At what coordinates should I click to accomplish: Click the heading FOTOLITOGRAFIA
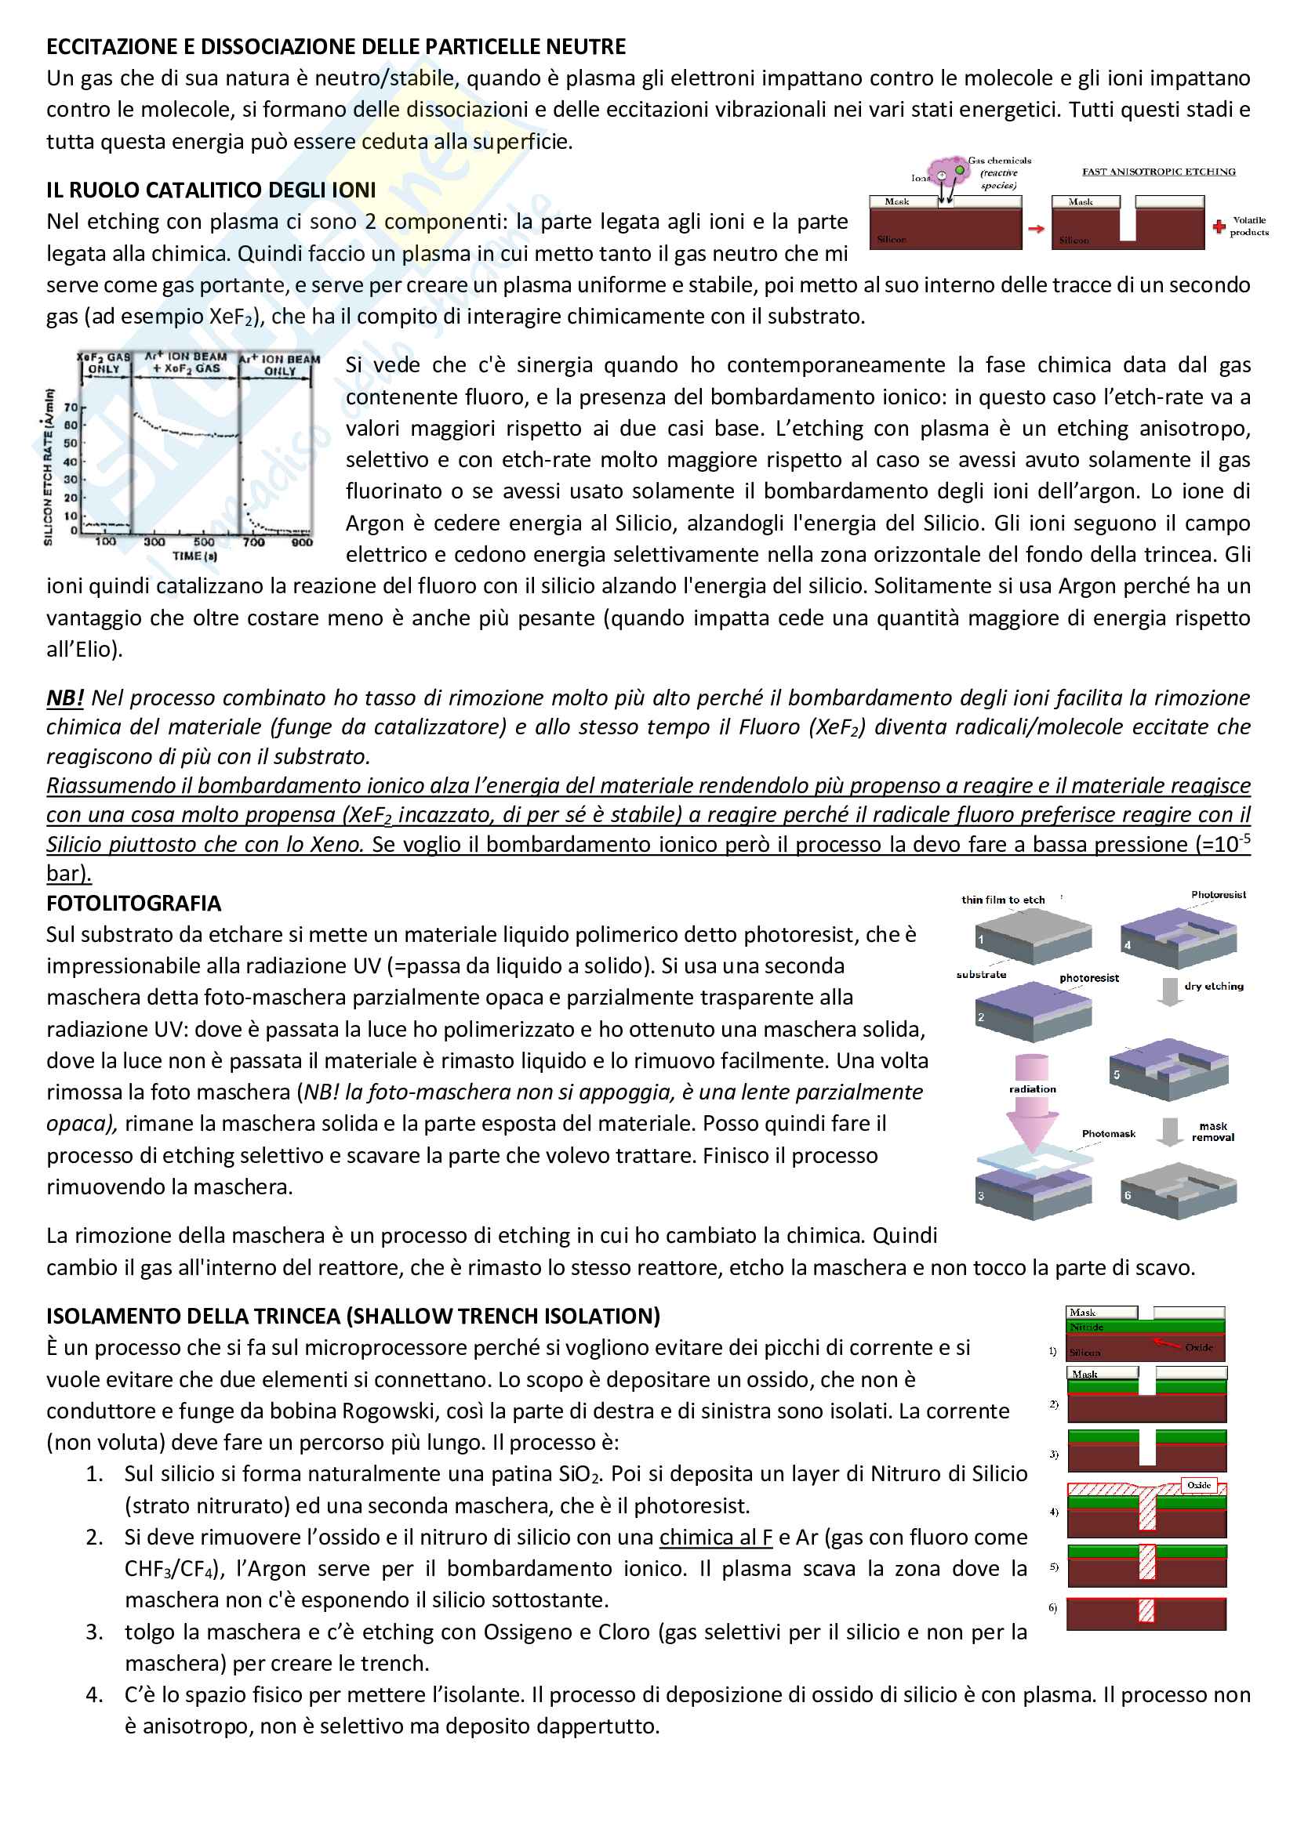click(x=133, y=903)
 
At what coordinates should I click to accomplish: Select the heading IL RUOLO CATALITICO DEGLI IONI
click(x=211, y=190)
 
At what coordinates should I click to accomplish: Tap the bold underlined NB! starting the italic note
click(x=64, y=697)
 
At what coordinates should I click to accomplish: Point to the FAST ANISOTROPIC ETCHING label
click(x=1158, y=172)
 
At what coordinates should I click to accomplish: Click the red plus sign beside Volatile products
click(x=1219, y=226)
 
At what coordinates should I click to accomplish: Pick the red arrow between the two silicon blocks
click(x=1036, y=229)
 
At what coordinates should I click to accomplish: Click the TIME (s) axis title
click(x=194, y=556)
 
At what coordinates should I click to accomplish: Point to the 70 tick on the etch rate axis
click(x=71, y=408)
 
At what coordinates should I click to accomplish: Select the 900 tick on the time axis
click(x=302, y=542)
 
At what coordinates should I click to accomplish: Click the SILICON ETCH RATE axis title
click(x=49, y=466)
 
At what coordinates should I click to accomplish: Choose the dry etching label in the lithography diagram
click(x=1213, y=986)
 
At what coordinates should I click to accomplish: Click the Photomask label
click(x=1108, y=1133)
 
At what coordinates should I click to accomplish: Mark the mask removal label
click(x=1212, y=1132)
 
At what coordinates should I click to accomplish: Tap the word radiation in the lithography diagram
click(x=1032, y=1089)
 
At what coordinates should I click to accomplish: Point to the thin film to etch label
click(x=1003, y=900)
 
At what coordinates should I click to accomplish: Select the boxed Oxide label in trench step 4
click(x=1199, y=1485)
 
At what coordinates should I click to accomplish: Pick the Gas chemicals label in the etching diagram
click(x=999, y=161)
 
